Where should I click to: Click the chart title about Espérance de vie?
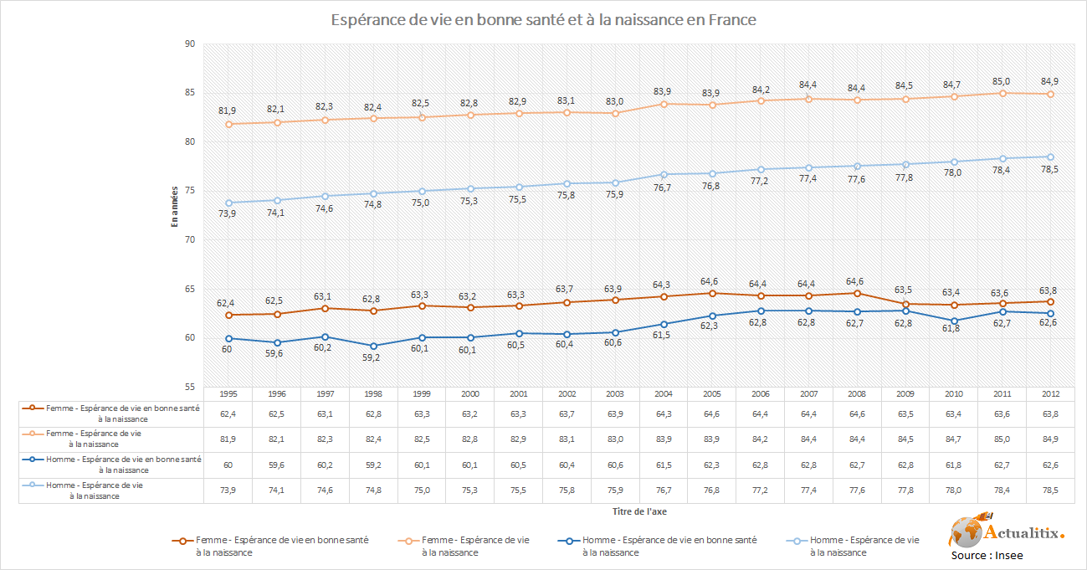pyautogui.click(x=543, y=19)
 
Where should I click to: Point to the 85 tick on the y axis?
pyautogui.click(x=189, y=93)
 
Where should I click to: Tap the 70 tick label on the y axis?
pyautogui.click(x=189, y=240)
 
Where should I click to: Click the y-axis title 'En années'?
pyautogui.click(x=175, y=206)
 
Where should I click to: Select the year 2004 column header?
pyautogui.click(x=664, y=393)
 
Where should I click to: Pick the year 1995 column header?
pyautogui.click(x=227, y=393)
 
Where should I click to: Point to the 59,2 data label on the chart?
pyautogui.click(x=372, y=357)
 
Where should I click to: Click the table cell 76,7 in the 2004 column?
pyautogui.click(x=664, y=490)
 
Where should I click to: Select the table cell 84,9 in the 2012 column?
pyautogui.click(x=1050, y=439)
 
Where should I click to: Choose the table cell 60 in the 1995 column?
pyautogui.click(x=227, y=465)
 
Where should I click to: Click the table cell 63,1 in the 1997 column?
pyautogui.click(x=324, y=413)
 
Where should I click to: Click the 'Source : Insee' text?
pyautogui.click(x=987, y=555)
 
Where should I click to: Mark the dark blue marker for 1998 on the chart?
pyautogui.click(x=372, y=346)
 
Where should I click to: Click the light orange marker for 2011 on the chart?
pyautogui.click(x=1002, y=93)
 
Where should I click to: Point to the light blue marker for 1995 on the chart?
pyautogui.click(x=227, y=203)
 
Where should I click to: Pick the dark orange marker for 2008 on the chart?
pyautogui.click(x=856, y=293)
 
